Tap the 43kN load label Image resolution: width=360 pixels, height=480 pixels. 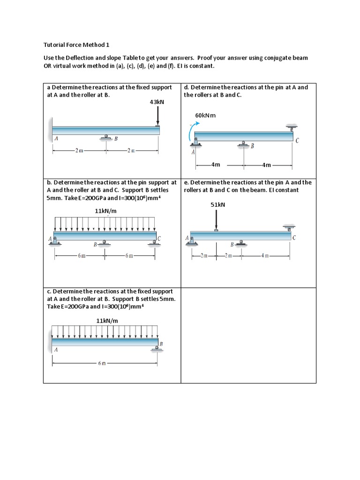click(157, 101)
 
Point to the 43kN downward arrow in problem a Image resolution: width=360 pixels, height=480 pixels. click(158, 116)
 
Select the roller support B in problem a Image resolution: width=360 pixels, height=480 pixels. click(106, 137)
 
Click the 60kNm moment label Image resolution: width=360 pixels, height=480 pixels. click(205, 115)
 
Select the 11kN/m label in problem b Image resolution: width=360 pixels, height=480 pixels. click(105, 211)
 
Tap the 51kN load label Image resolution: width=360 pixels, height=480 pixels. click(218, 204)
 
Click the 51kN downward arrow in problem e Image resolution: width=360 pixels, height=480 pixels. click(216, 219)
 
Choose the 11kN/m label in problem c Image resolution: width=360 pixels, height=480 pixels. click(107, 321)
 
